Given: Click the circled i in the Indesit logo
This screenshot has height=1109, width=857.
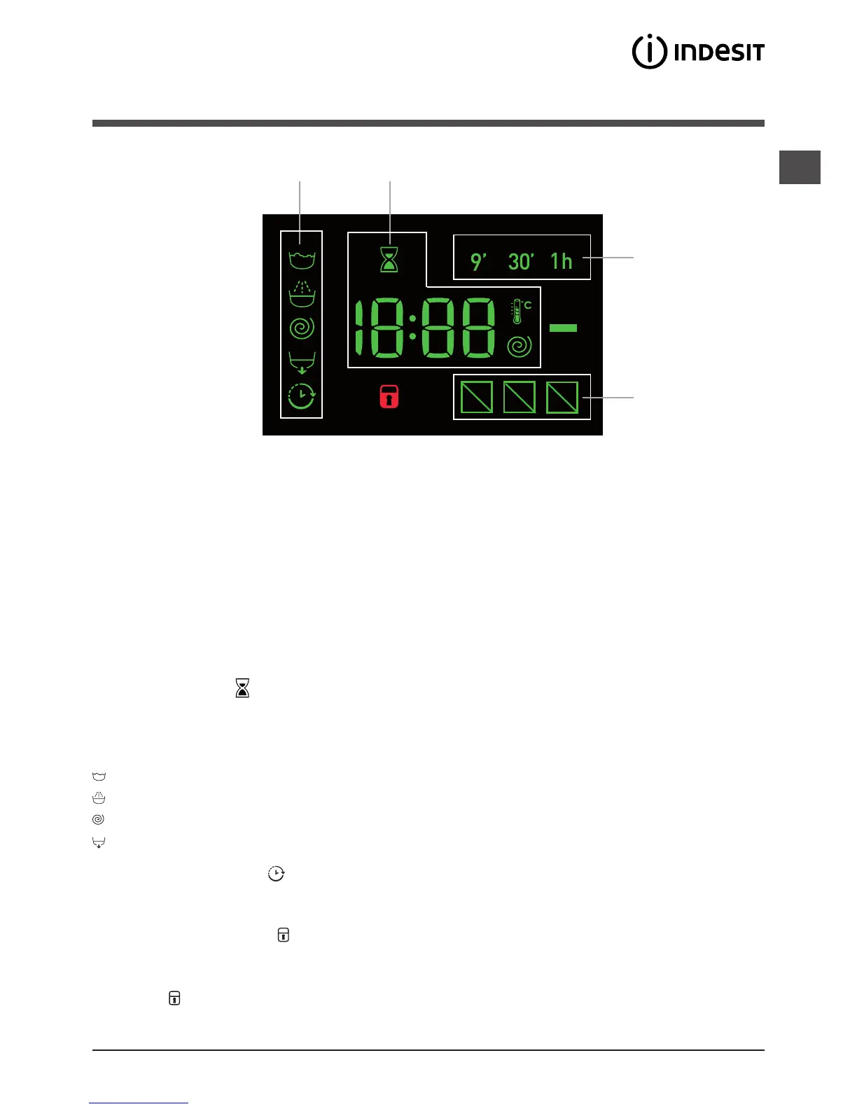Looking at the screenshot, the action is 649,52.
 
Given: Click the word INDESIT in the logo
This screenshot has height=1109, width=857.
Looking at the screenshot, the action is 719,53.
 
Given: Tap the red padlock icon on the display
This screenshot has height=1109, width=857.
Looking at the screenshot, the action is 389,397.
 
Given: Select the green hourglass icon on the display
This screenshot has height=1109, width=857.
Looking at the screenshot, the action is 389,260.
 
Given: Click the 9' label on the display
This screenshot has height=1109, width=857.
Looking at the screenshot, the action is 478,261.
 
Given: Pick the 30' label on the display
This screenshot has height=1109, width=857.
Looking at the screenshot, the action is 521,261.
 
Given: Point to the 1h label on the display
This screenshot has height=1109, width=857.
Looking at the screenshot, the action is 561,261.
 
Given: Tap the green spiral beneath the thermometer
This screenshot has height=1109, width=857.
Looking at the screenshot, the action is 520,346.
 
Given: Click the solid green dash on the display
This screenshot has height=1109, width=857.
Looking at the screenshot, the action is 563,327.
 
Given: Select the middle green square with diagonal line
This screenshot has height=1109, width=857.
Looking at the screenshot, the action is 520,397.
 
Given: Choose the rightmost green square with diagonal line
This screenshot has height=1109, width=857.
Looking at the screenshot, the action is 562,397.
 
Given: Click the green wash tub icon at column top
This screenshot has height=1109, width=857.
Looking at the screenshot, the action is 302,260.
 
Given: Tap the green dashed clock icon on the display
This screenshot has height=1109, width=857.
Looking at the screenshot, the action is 302,396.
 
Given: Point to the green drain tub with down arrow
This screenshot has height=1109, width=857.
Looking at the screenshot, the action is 302,363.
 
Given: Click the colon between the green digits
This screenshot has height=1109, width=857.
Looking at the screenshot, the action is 412,327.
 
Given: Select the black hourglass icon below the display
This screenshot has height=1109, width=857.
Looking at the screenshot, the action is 242,688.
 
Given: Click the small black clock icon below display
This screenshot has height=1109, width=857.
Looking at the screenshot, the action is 276,873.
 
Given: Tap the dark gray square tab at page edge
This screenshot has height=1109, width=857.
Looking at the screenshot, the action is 800,167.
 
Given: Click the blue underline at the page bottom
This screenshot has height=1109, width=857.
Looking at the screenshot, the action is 139,1103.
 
